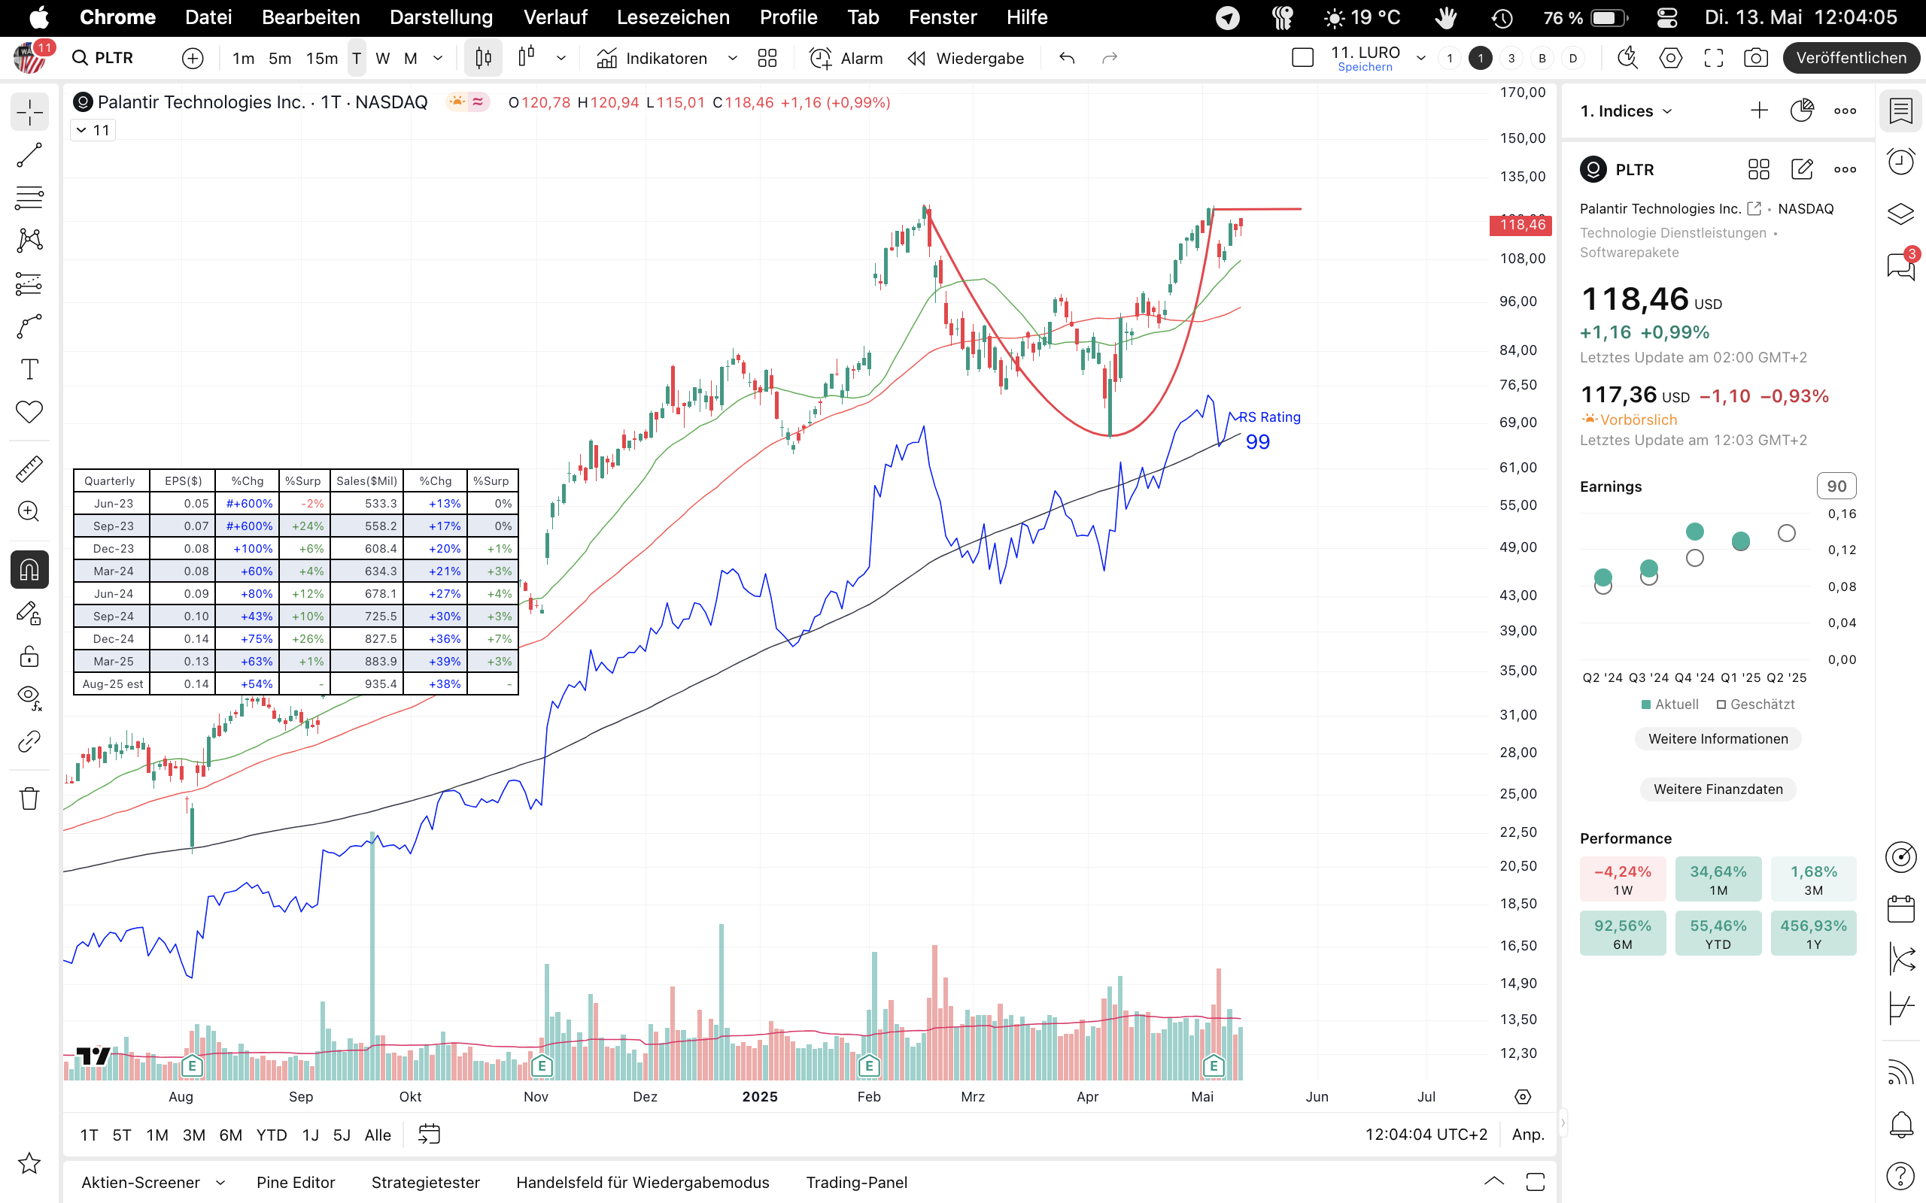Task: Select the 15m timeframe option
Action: [321, 58]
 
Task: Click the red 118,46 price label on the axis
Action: [1521, 225]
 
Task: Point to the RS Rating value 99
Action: [1257, 442]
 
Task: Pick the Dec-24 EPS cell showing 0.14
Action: [184, 639]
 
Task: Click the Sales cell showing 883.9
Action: [367, 661]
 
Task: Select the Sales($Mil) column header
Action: [366, 480]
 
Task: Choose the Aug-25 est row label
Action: [113, 684]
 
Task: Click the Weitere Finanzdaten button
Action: [1718, 789]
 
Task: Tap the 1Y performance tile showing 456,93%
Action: [1813, 933]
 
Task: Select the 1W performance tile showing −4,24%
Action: [1622, 879]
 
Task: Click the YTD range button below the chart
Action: [272, 1135]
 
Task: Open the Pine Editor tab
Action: [295, 1182]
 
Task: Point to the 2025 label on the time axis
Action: [759, 1096]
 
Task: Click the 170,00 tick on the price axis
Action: [1523, 92]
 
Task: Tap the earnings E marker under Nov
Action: [542, 1065]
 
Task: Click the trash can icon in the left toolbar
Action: [29, 798]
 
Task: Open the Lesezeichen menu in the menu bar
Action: [673, 17]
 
